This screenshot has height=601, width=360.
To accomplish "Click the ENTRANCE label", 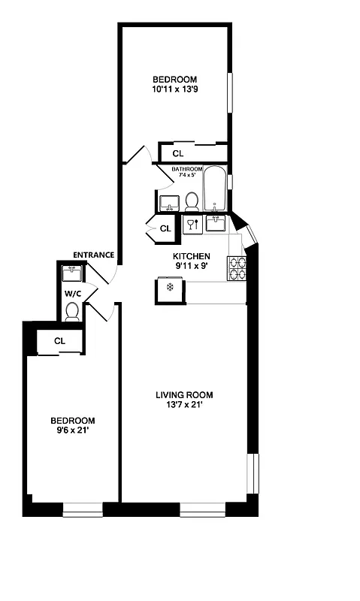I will click(x=93, y=255).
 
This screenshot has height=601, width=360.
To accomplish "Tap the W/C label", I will click(x=72, y=293).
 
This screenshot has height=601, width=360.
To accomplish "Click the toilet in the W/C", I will click(x=73, y=311).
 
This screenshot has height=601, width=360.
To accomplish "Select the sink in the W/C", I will click(x=73, y=271).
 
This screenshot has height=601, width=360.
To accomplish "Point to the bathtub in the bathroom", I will click(x=216, y=188).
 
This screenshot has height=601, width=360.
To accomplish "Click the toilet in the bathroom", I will click(x=192, y=201).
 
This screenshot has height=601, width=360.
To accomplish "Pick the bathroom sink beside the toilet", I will click(x=168, y=202).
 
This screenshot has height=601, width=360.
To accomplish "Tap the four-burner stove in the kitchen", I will click(x=237, y=268).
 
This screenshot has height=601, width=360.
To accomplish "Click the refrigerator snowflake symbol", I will click(x=170, y=287).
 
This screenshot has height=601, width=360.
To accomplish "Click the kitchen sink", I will click(x=216, y=223).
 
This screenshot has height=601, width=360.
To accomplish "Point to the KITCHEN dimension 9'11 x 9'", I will click(x=192, y=265).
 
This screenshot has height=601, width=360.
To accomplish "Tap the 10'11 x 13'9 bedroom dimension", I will click(x=174, y=89).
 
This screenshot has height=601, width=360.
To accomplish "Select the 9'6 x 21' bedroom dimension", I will click(x=72, y=430).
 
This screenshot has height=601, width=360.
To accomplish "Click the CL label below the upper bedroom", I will click(x=177, y=153).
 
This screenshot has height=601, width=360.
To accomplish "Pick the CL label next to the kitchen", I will click(x=165, y=228).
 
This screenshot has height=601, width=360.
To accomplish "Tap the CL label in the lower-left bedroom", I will click(x=60, y=341).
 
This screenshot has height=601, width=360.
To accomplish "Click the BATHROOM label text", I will click(x=187, y=169).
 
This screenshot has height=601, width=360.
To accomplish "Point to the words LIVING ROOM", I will click(x=184, y=394).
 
